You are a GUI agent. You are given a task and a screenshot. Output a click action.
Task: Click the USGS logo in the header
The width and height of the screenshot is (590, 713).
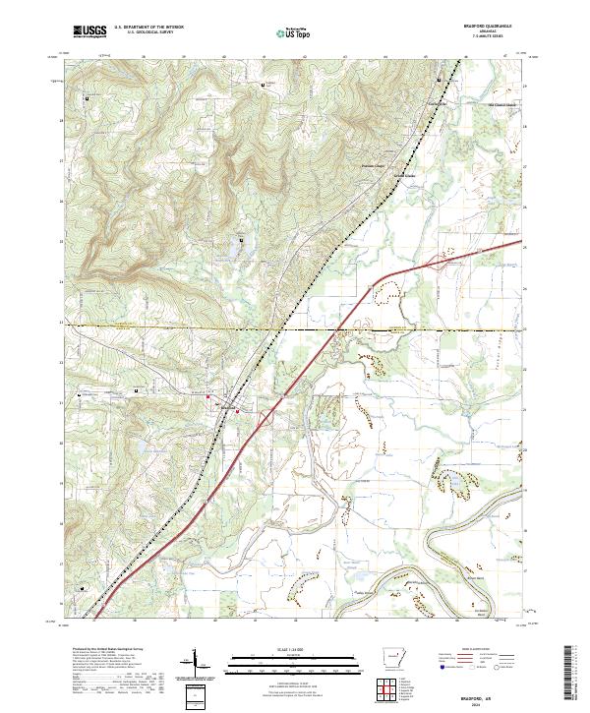[88, 32]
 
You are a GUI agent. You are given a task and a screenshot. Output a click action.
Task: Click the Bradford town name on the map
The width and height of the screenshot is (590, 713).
[227, 405]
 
